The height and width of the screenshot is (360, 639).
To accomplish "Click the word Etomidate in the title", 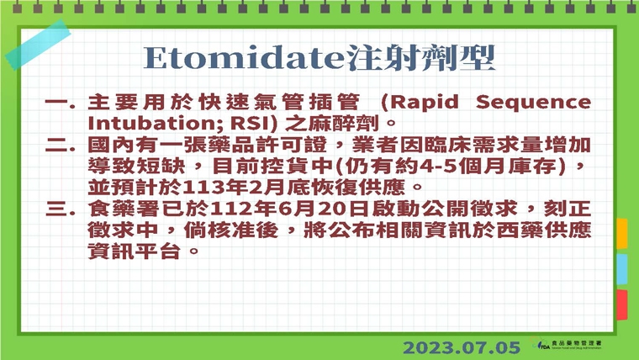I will pyautogui.click(x=245, y=58).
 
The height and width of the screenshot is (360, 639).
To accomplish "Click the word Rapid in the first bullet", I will pyautogui.click(x=423, y=103).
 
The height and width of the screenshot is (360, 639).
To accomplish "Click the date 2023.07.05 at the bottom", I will pyautogui.click(x=462, y=347).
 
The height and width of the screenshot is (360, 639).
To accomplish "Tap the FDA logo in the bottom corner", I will pyautogui.click(x=577, y=346).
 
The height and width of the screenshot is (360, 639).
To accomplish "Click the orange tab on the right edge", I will pyautogui.click(x=622, y=233).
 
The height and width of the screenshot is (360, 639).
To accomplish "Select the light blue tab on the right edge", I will pyautogui.click(x=622, y=269).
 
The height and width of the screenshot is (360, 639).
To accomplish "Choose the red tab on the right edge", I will pyautogui.click(x=622, y=304).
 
